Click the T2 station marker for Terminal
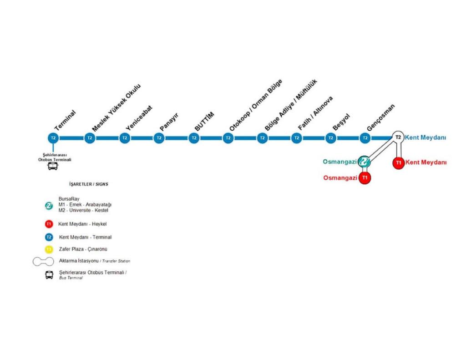coord(53,138)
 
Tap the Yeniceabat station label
coord(139,118)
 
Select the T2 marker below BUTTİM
coord(194,138)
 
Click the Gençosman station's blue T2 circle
coord(365,138)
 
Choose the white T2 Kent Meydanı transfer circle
coord(398,137)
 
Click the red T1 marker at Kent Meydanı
coord(398,162)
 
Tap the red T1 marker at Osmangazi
coord(365,177)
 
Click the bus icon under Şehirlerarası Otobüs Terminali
coord(53,167)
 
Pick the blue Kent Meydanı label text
coord(425,137)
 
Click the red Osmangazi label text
coord(340,178)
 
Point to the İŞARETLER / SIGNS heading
coord(89,184)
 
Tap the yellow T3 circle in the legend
coord(49,249)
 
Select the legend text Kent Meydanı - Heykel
coord(82,224)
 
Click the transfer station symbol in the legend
coord(43,261)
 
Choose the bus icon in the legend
coord(49,274)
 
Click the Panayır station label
coord(169,122)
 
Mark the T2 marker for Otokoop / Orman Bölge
coord(228,138)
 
